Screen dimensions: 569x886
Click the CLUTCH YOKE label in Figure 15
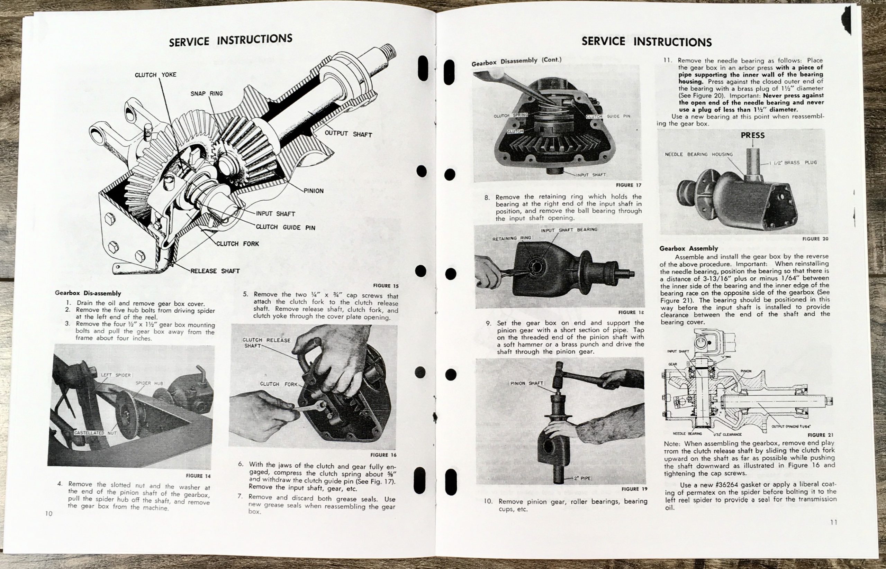[x=155, y=75]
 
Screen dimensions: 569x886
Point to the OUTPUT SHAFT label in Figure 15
[x=348, y=134]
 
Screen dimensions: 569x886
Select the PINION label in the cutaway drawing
[x=314, y=191]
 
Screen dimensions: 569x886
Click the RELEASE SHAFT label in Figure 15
[x=215, y=271]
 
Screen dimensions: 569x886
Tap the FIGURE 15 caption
[x=386, y=286]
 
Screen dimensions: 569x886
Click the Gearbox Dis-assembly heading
[x=88, y=293]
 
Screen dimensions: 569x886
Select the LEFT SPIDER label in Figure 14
[x=116, y=375]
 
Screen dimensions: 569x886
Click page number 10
[x=49, y=514]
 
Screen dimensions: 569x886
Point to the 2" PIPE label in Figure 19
[x=583, y=478]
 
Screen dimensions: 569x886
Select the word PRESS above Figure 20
[x=752, y=135]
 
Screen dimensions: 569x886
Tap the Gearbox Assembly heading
[x=688, y=248]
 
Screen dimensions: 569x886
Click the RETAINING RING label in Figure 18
[x=511, y=238]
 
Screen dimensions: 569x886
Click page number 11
[x=833, y=522]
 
